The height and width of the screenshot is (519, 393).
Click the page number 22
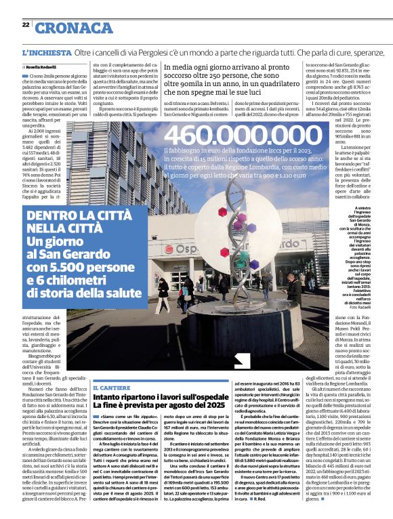tap(25, 25)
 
